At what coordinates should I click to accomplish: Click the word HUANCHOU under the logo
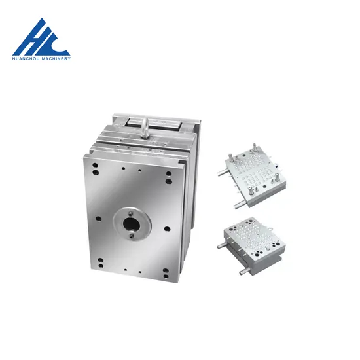[26, 59]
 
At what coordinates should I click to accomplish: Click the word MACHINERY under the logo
[56, 59]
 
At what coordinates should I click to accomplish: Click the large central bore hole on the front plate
[132, 225]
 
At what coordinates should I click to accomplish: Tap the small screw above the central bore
[130, 214]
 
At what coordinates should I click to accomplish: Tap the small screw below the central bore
[131, 236]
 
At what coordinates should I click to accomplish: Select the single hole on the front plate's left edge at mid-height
[98, 219]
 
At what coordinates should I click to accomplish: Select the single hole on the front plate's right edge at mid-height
[168, 228]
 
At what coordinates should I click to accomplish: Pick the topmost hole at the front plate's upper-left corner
[95, 165]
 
